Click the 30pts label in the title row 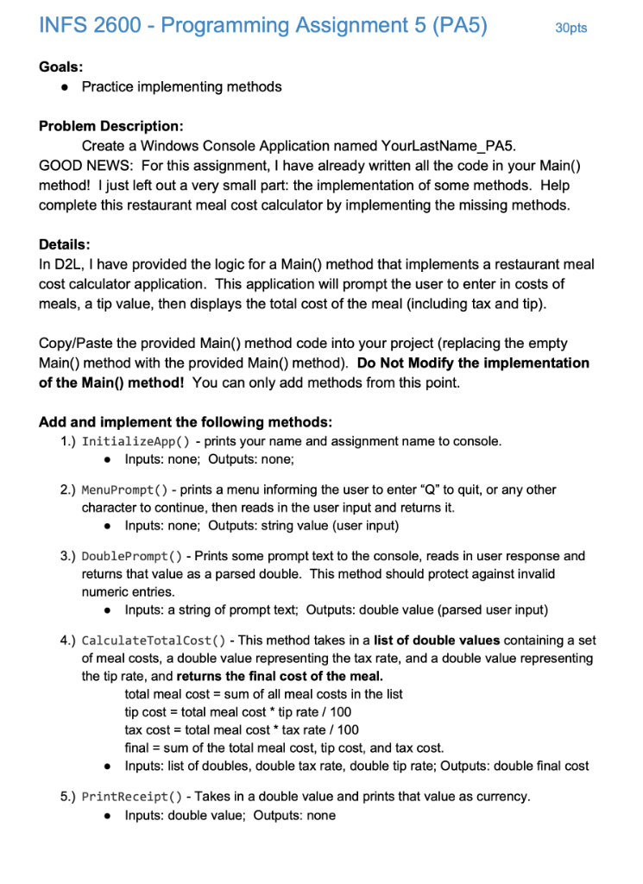pyautogui.click(x=571, y=28)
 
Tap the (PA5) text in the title pyautogui.click(x=454, y=26)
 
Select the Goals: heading pyautogui.click(x=61, y=66)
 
